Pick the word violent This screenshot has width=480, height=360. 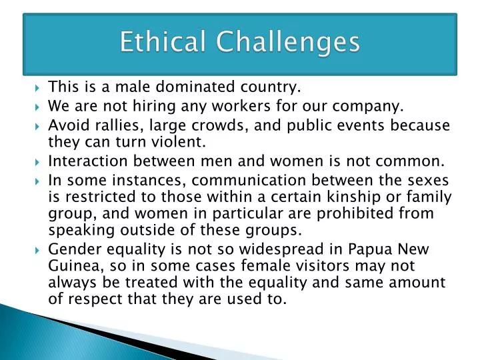[181, 142]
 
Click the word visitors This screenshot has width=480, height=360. [307, 267]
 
